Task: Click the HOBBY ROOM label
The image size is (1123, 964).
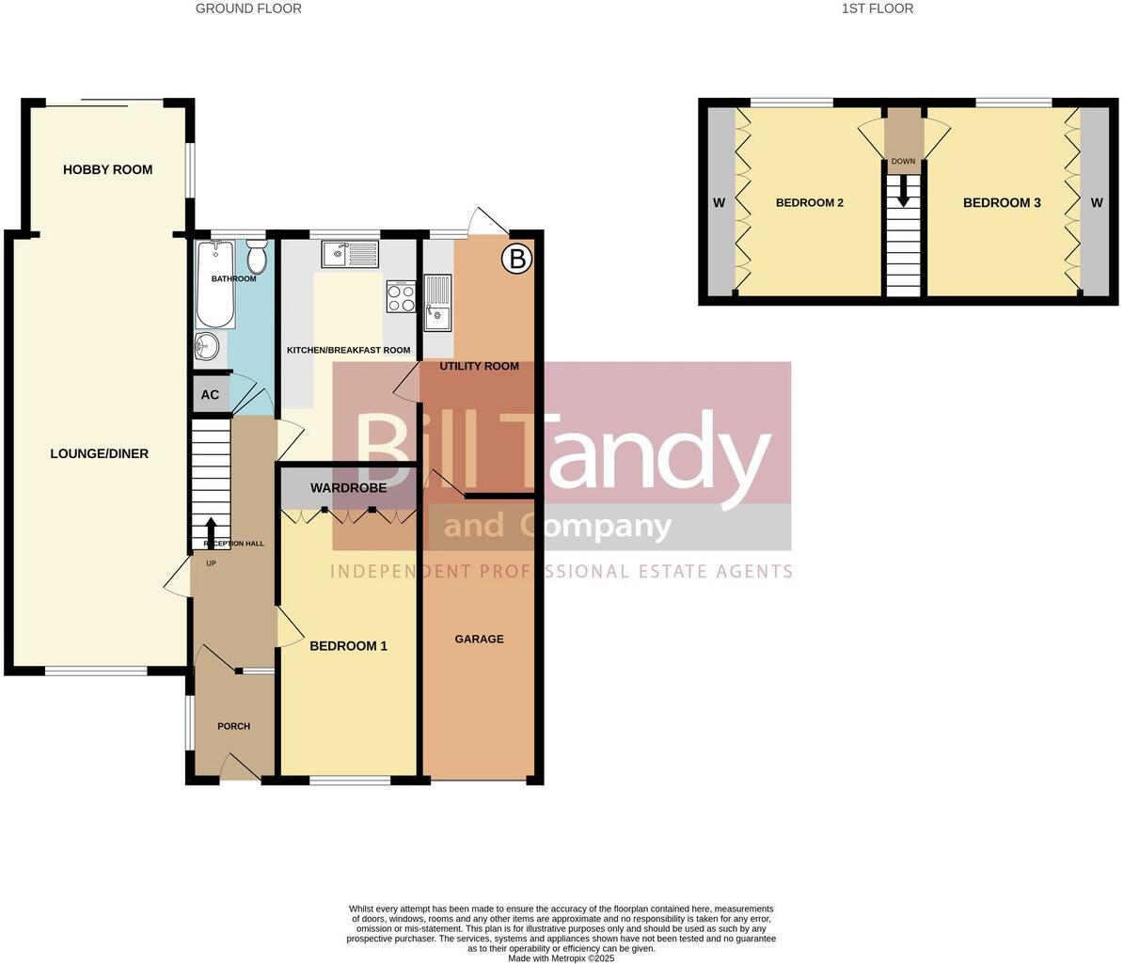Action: pos(107,170)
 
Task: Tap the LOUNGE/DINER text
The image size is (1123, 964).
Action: pos(99,454)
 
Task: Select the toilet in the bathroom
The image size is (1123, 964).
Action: pos(257,255)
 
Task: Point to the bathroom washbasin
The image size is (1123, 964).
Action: pos(207,347)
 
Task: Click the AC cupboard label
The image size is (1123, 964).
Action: pos(210,395)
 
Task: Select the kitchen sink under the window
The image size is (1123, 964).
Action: pos(349,254)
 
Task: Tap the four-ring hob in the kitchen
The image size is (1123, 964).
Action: pos(400,297)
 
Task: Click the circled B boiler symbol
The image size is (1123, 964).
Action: pos(515,259)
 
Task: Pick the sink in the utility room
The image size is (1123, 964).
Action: pos(437,302)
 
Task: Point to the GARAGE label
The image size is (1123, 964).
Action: pos(479,640)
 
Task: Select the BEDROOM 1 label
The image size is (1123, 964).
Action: pos(348,646)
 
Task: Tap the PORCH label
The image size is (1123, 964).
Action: pos(233,726)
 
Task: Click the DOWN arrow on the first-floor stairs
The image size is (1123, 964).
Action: pos(903,193)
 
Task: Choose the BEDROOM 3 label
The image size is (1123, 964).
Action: pos(1002,203)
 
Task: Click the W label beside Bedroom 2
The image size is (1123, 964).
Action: pos(720,203)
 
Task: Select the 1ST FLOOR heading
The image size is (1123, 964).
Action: pos(878,8)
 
